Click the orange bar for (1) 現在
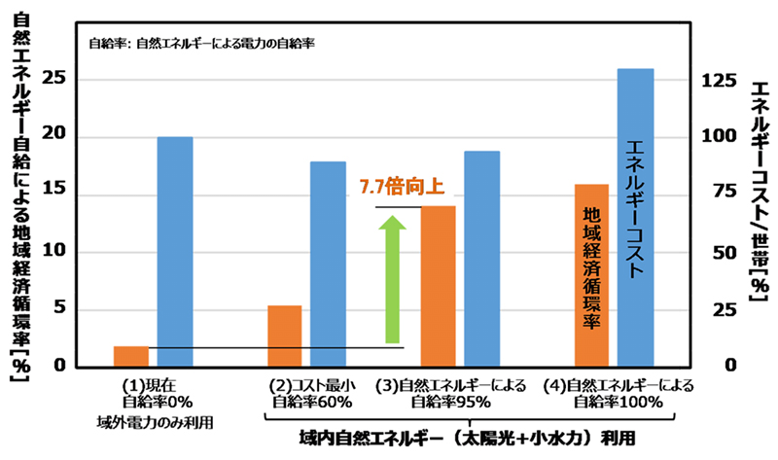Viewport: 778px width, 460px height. pyautogui.click(x=131, y=356)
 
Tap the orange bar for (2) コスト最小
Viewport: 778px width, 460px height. pyautogui.click(x=284, y=336)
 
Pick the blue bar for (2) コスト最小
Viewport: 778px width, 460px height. pyautogui.click(x=328, y=264)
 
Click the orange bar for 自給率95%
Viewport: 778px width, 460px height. pyautogui.click(x=437, y=286)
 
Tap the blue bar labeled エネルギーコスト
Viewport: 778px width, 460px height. pyautogui.click(x=635, y=218)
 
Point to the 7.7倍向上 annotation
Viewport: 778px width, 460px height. pyautogui.click(x=394, y=185)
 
